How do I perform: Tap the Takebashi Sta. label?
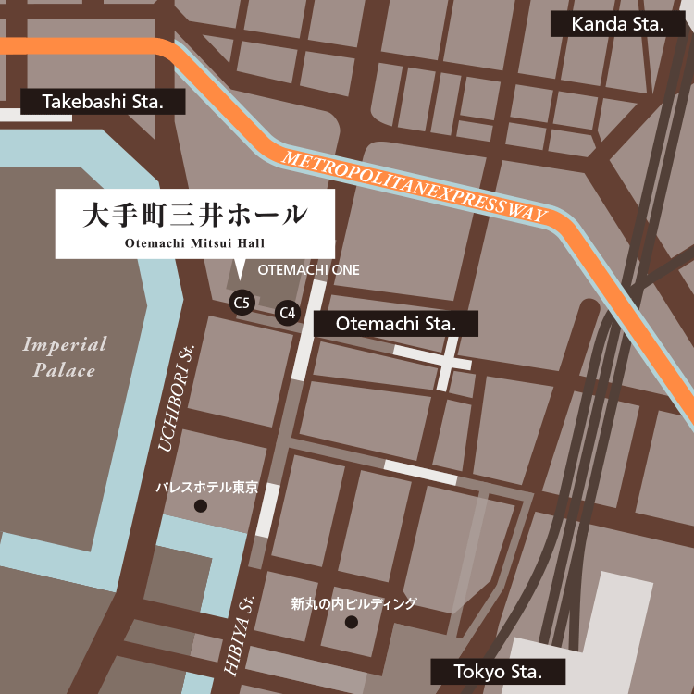click(103, 102)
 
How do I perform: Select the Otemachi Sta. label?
click(396, 324)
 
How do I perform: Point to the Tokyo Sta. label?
click(498, 671)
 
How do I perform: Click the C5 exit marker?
click(242, 302)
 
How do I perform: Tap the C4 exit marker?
click(289, 313)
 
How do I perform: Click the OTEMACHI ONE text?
click(308, 270)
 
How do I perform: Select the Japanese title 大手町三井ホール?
click(194, 215)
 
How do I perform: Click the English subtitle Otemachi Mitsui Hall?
click(194, 243)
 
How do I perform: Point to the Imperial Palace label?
click(65, 357)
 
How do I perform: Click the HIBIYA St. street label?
click(238, 633)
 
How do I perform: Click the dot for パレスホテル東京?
click(200, 506)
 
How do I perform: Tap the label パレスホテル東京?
click(206, 487)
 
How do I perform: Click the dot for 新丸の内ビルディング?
click(351, 623)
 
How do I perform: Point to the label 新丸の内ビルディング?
click(353, 604)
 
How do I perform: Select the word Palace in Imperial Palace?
click(65, 370)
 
